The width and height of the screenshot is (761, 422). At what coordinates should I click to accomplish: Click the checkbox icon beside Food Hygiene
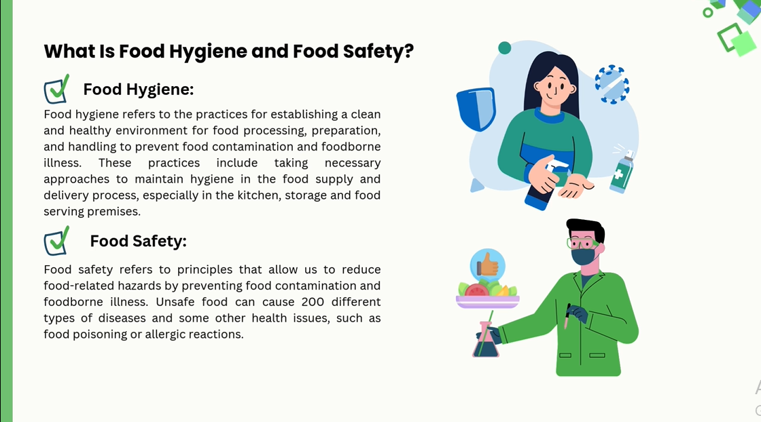click(x=56, y=89)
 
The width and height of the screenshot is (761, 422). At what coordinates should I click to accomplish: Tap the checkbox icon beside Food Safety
click(x=56, y=241)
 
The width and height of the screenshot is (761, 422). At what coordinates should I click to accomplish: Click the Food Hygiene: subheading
click(x=139, y=90)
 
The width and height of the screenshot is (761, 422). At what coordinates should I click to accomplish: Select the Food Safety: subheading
click(x=139, y=241)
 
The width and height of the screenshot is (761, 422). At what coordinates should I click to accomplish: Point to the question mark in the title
click(x=408, y=50)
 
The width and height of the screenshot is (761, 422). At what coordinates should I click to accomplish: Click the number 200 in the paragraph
click(x=313, y=302)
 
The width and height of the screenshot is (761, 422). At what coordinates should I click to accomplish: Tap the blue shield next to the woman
click(x=476, y=109)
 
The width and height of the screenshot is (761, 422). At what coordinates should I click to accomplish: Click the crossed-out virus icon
click(x=612, y=84)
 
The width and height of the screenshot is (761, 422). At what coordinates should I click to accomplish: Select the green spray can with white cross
click(x=622, y=172)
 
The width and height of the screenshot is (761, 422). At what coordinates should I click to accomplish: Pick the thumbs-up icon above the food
click(x=487, y=265)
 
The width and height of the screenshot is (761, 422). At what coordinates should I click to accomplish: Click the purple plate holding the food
click(x=487, y=301)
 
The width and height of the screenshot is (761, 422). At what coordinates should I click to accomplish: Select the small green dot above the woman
click(x=505, y=47)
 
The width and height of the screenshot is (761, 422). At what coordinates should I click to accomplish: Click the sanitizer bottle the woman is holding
click(x=544, y=186)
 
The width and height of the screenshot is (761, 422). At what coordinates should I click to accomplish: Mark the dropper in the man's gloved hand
click(x=567, y=316)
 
